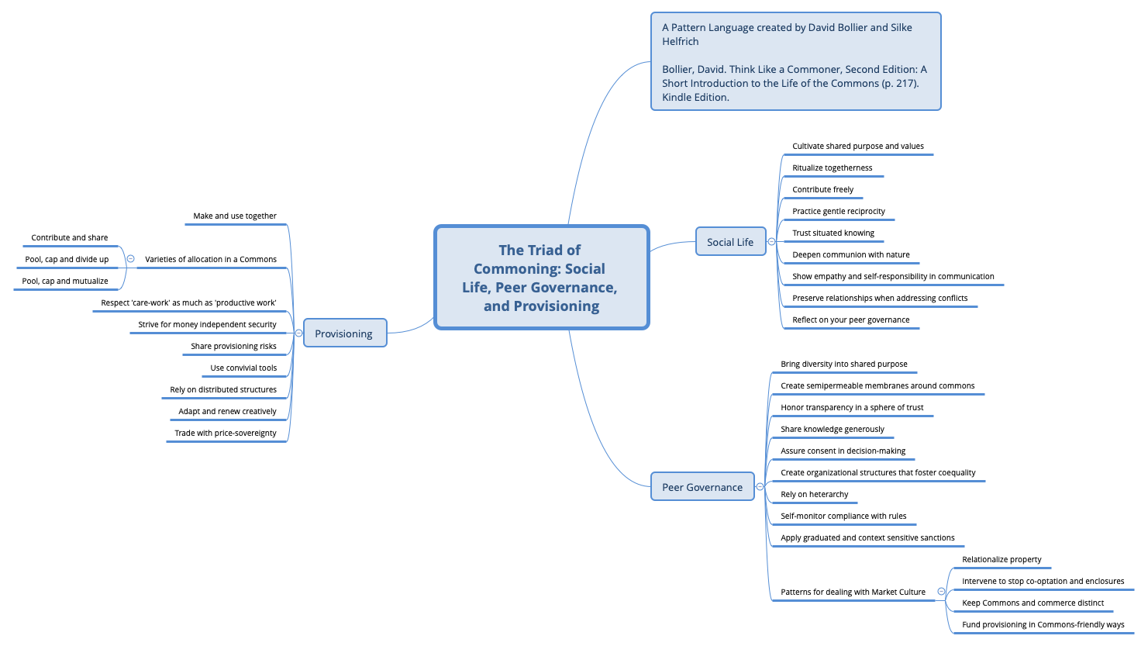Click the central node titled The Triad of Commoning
(541, 278)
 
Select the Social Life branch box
(730, 242)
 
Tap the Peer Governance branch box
(702, 487)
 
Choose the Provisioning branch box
(343, 333)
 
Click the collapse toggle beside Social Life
(771, 242)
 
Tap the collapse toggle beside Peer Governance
(760, 487)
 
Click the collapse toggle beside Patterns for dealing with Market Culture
(941, 592)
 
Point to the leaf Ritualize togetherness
(832, 168)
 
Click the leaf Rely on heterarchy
(814, 495)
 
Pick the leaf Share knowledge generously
(832, 430)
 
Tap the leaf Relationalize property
(1001, 560)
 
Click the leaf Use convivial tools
(243, 368)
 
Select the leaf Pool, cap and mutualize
(65, 282)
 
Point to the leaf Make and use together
(235, 216)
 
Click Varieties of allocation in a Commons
(210, 260)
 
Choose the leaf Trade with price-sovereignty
(226, 434)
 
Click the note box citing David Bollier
(795, 61)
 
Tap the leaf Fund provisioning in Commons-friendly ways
(1043, 625)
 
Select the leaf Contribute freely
(822, 190)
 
